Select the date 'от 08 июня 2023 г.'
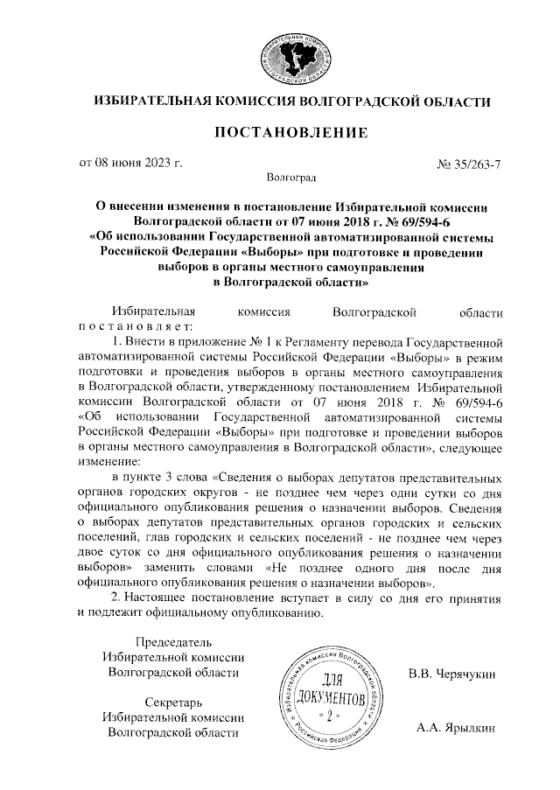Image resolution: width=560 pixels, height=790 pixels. tap(130, 163)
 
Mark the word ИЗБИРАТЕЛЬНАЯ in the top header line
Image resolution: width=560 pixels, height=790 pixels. tap(148, 102)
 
